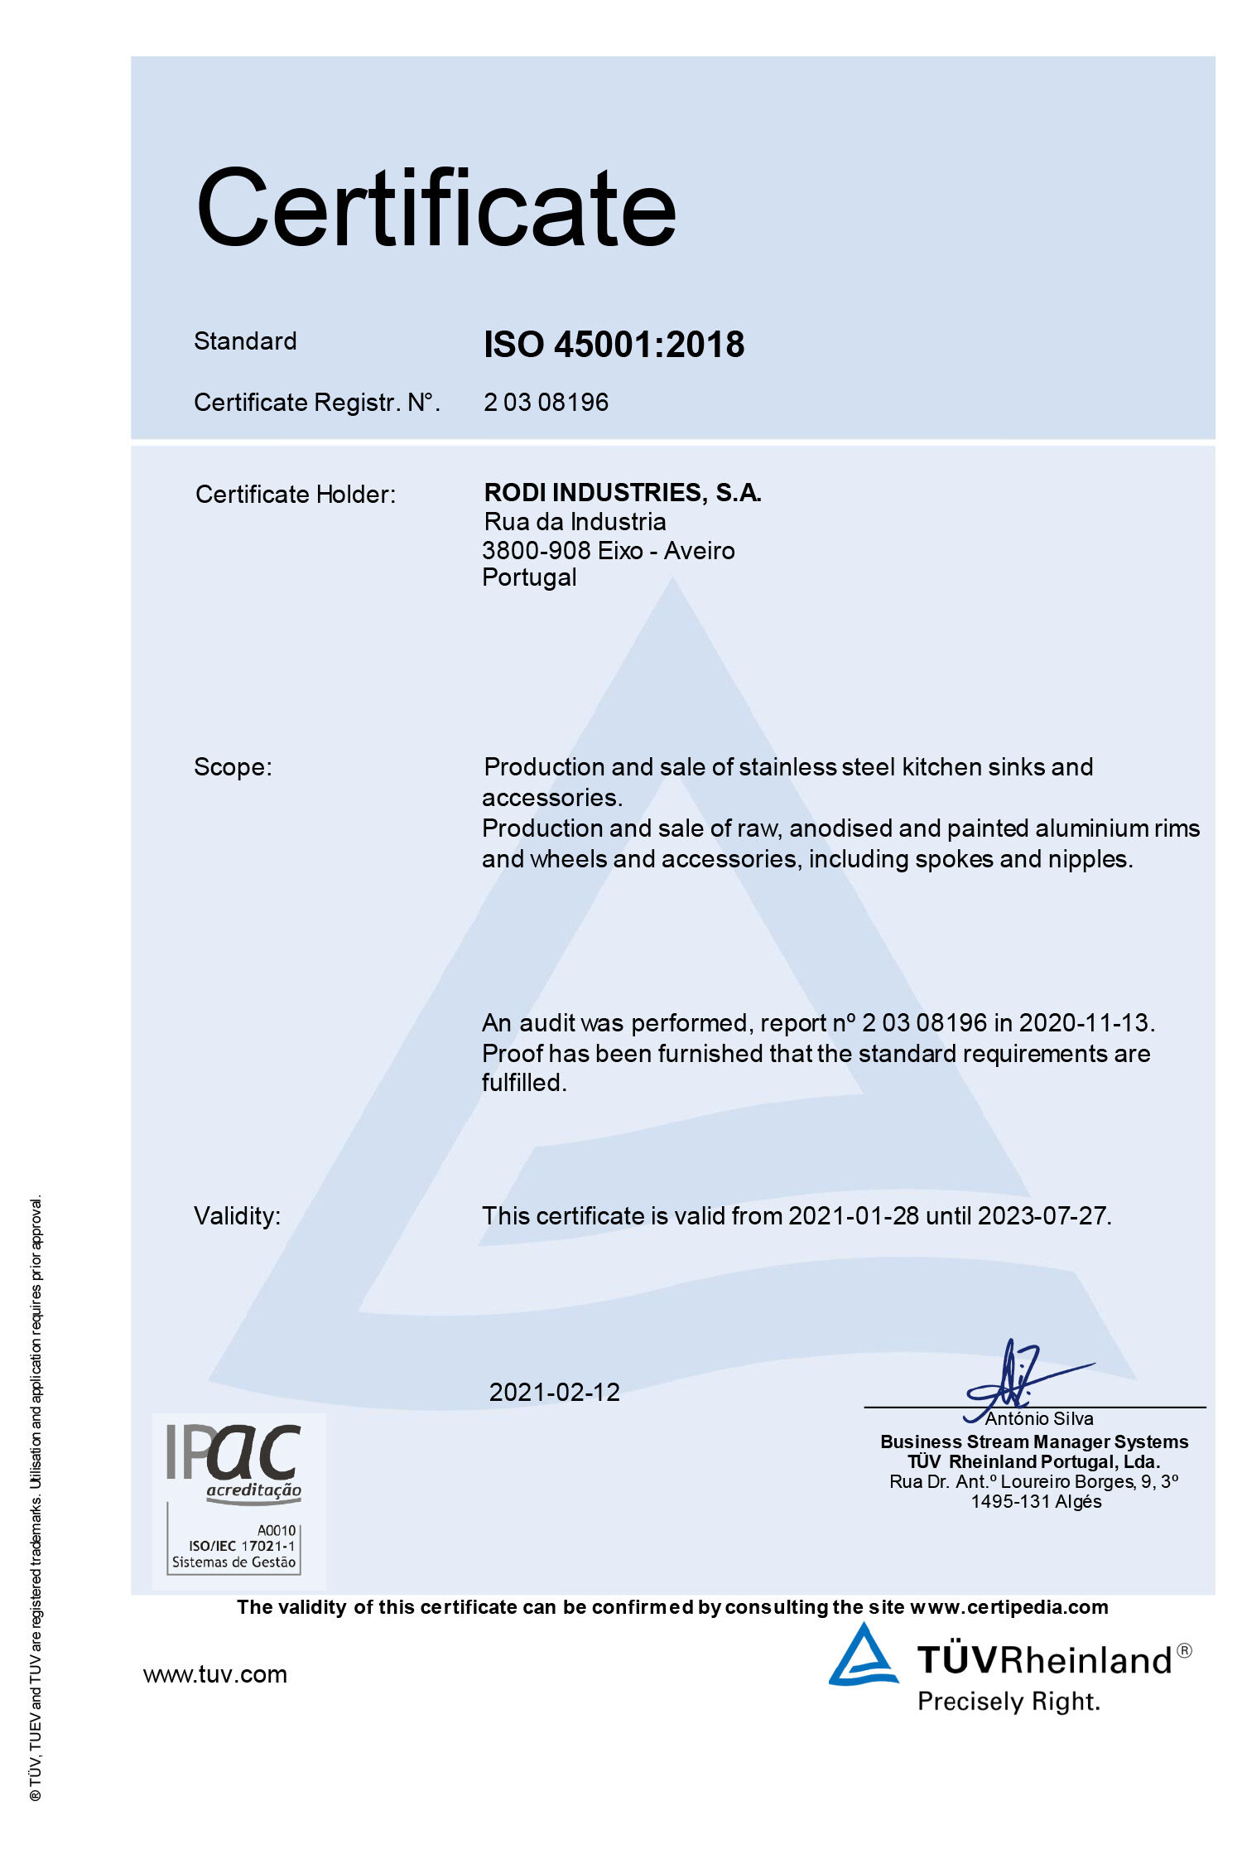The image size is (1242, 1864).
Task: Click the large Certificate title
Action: pos(436,208)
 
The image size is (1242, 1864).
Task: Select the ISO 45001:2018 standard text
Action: pos(614,345)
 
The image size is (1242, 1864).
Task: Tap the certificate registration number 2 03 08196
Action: pos(546,403)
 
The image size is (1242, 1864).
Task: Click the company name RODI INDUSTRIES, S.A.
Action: pos(623,493)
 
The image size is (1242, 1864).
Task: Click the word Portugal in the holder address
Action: pos(529,577)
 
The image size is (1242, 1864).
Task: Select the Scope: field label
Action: pos(233,767)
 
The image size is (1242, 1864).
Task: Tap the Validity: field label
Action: pos(238,1216)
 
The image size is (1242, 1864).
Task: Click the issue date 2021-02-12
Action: pos(554,1393)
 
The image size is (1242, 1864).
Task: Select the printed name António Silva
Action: pos(1039,1419)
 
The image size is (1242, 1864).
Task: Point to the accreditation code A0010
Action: pos(276,1530)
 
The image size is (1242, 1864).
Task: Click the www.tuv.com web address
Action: pos(215,1675)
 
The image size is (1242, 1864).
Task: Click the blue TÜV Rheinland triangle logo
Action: pos(864,1657)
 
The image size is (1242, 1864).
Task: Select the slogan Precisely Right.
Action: pos(1009,1702)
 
